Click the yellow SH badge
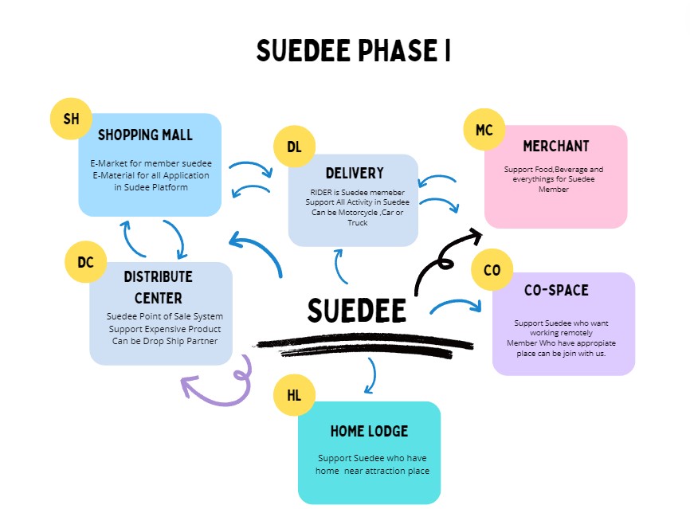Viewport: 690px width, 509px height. [x=71, y=119]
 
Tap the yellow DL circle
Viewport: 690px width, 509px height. [x=295, y=147]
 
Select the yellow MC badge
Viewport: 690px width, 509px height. [x=484, y=130]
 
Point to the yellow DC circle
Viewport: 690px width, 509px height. [x=85, y=262]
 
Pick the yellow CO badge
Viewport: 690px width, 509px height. [x=492, y=270]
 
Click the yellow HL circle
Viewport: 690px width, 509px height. [x=294, y=395]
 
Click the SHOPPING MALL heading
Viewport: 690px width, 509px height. [x=145, y=135]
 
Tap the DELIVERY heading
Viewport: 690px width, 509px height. [x=355, y=173]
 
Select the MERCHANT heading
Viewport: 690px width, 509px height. [x=556, y=147]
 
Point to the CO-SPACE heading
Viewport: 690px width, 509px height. [x=556, y=291]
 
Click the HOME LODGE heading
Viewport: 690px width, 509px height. [x=369, y=431]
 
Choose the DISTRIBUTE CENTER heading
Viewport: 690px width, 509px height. [x=159, y=288]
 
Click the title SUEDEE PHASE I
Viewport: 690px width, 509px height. [x=353, y=51]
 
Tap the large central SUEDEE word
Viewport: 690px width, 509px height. [x=356, y=311]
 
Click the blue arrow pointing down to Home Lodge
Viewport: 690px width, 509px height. [x=370, y=376]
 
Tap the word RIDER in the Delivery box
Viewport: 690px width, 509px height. [x=323, y=193]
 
